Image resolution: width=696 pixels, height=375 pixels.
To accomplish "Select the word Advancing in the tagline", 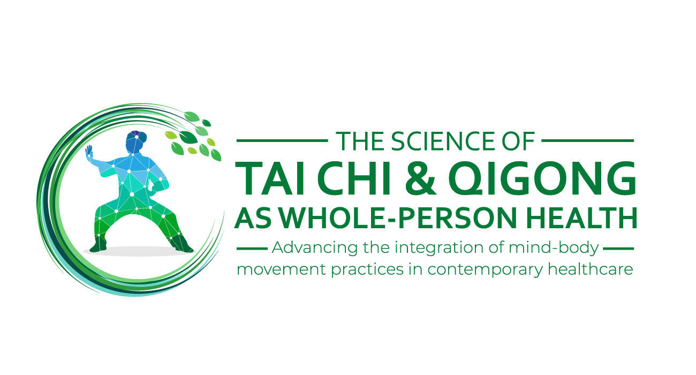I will (307, 249).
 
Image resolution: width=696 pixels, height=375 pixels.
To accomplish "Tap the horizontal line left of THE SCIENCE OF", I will (282, 141).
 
